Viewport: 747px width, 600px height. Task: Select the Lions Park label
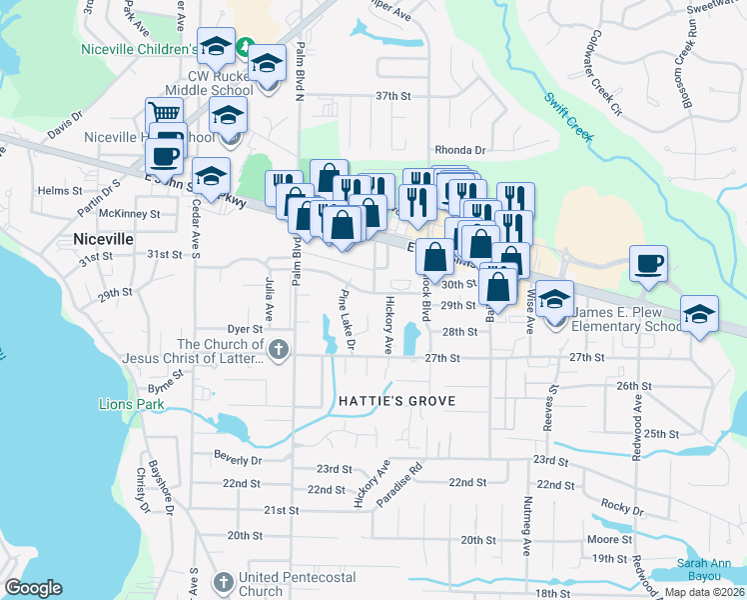pyautogui.click(x=131, y=405)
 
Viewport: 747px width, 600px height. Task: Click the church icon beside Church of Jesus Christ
pyautogui.click(x=279, y=350)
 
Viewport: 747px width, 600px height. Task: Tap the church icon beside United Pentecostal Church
pyautogui.click(x=225, y=580)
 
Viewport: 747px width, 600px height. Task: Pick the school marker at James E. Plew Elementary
pyautogui.click(x=554, y=299)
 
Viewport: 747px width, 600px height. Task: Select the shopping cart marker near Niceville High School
pyautogui.click(x=163, y=113)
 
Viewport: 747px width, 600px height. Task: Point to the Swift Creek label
pyautogui.click(x=569, y=112)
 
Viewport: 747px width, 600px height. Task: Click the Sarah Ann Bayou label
pyautogui.click(x=708, y=570)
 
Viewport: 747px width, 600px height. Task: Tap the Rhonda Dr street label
pyautogui.click(x=457, y=150)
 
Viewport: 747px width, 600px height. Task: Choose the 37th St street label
pyautogui.click(x=393, y=96)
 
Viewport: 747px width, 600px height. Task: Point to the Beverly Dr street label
pyautogui.click(x=238, y=460)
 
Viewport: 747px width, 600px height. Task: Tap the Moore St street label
pyautogui.click(x=603, y=540)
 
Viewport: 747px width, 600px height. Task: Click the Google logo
pyautogui.click(x=33, y=588)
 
